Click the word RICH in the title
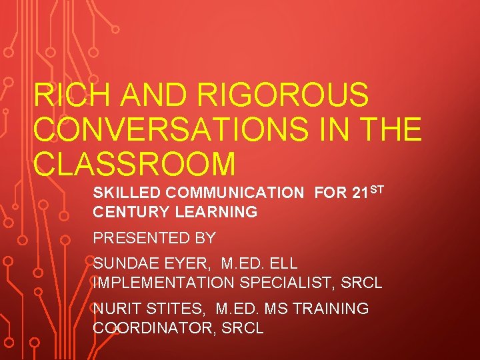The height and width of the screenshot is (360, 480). tap(65, 95)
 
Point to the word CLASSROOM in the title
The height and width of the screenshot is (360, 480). tap(134, 164)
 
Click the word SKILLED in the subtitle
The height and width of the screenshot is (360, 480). tap(127, 193)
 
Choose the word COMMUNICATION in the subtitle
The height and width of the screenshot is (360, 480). tap(235, 193)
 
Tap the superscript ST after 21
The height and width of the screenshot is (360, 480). tap(377, 190)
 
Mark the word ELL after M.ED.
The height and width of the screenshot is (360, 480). tap(284, 264)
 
